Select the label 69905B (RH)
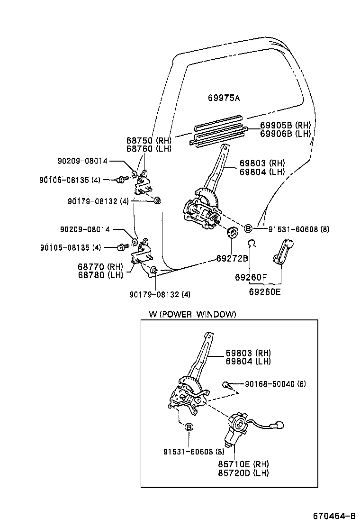pyautogui.click(x=285, y=125)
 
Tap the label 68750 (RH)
pyautogui.click(x=148, y=141)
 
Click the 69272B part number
pyautogui.click(x=232, y=258)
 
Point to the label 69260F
pyautogui.click(x=251, y=277)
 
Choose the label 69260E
pyautogui.click(x=265, y=291)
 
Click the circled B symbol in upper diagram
pyautogui.click(x=248, y=229)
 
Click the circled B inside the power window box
pyautogui.click(x=189, y=427)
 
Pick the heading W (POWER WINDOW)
pyautogui.click(x=192, y=314)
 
